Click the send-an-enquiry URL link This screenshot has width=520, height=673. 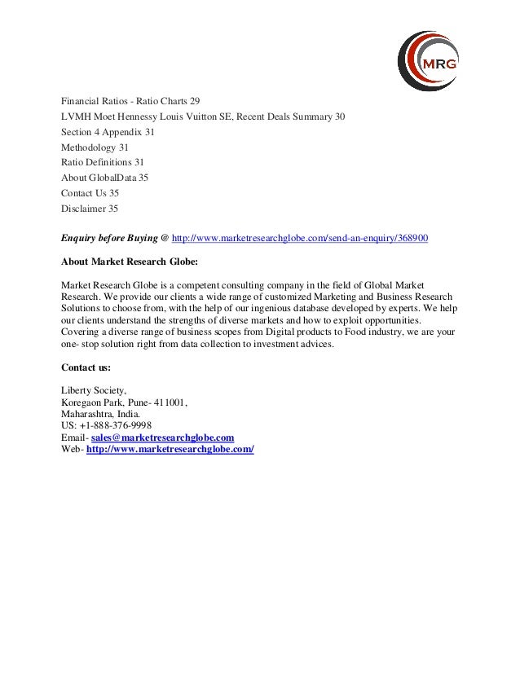[x=300, y=238]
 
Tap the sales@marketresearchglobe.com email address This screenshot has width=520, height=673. [x=163, y=438]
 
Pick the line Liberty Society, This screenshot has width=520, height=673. [x=94, y=390]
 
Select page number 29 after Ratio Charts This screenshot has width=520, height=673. [x=194, y=101]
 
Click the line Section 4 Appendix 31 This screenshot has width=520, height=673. [x=108, y=132]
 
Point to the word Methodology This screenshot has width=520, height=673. [x=89, y=147]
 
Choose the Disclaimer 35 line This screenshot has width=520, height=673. [x=90, y=209]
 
